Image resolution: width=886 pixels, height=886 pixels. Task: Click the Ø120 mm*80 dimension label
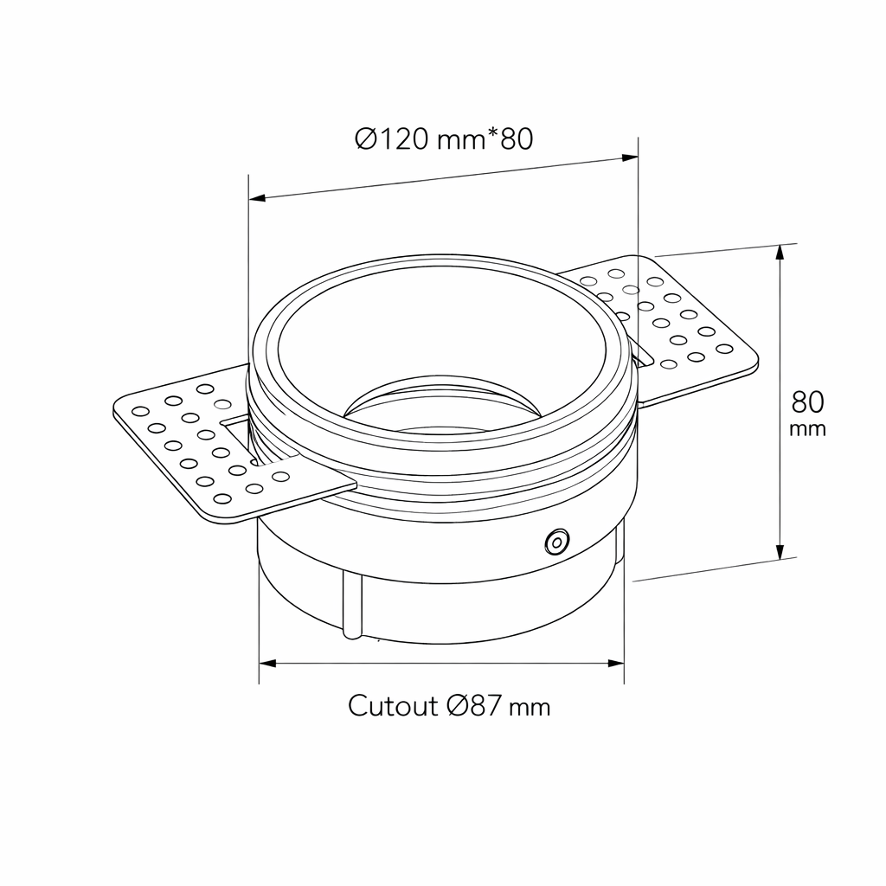click(444, 139)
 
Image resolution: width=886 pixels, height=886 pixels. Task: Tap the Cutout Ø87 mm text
click(449, 706)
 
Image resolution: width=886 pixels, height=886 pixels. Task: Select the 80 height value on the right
click(807, 402)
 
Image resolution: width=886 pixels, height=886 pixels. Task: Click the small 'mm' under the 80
click(807, 429)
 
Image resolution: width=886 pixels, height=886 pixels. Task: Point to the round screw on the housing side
click(556, 543)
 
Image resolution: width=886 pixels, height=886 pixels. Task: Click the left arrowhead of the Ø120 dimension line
click(257, 198)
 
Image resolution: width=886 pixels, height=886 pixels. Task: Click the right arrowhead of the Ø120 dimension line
click(630, 157)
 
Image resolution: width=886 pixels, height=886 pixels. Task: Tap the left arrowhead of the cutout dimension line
click(267, 663)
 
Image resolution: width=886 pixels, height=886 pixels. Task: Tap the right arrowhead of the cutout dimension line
click(616, 663)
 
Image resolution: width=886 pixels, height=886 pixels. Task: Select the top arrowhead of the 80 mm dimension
click(780, 253)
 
